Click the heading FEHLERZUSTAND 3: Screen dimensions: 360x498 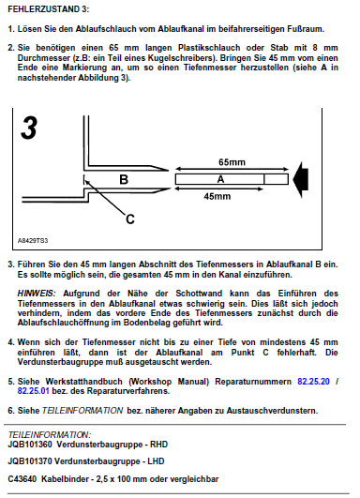(48, 9)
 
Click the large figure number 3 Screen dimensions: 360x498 (29, 128)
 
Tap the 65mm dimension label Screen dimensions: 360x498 (232, 162)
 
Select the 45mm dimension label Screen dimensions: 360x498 (217, 196)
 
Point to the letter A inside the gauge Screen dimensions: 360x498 (220, 179)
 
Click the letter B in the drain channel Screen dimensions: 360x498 (124, 179)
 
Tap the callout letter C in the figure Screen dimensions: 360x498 (130, 219)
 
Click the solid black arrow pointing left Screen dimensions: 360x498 (301, 180)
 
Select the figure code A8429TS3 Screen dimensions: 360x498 (33, 241)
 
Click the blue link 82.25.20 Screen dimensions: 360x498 (313, 381)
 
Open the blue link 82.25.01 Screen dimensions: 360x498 (34, 391)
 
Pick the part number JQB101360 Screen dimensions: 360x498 (29, 445)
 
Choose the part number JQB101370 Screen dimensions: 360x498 (29, 461)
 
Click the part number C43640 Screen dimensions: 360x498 (22, 478)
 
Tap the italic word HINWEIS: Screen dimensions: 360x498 (37, 294)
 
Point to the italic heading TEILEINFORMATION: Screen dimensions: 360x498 (50, 434)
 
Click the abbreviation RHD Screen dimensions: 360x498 (158, 445)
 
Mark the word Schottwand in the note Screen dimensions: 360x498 (199, 294)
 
